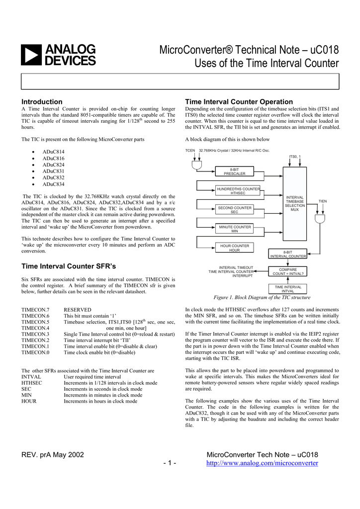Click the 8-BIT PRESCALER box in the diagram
click(234, 171)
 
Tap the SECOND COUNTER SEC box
click(234, 209)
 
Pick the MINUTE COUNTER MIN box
click(234, 229)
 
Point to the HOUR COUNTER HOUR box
click(234, 248)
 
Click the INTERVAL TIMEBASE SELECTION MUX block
click(294, 203)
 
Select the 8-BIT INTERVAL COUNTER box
click(288, 254)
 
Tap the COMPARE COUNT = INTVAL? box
click(288, 271)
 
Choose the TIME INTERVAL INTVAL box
click(288, 289)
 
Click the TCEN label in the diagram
click(190, 150)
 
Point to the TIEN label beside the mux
click(323, 201)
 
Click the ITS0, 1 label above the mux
click(295, 157)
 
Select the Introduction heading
click(42, 101)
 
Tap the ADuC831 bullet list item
click(53, 171)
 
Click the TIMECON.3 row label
click(35, 335)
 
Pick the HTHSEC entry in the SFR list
click(32, 383)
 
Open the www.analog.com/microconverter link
click(262, 463)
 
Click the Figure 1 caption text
click(262, 297)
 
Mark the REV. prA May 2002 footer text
click(53, 455)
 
